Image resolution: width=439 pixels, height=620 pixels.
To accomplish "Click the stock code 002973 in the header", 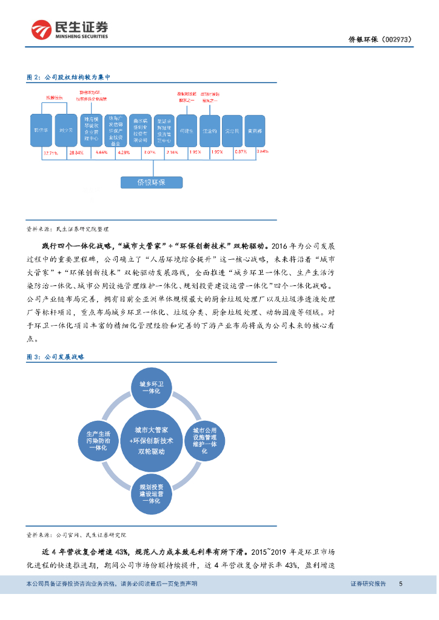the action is (x=397, y=40).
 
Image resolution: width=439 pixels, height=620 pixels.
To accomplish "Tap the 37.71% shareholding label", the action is (x=50, y=153).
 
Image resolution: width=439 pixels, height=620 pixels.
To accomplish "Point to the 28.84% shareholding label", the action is (x=76, y=153).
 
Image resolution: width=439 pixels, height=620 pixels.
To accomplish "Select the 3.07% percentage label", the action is (x=149, y=153).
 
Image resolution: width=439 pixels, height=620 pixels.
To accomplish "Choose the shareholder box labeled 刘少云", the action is (x=67, y=130).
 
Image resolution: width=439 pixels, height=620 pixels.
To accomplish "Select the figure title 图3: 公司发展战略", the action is (x=55, y=357).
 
